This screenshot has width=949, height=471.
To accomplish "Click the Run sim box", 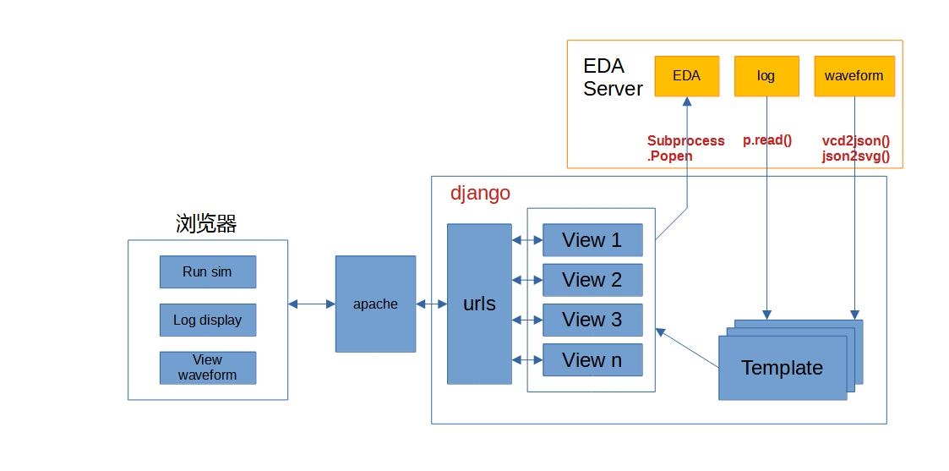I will [x=207, y=272].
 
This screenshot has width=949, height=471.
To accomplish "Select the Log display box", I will [x=207, y=320].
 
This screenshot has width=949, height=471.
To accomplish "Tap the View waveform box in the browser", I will [x=207, y=368].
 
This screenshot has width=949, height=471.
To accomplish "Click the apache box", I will [x=375, y=304].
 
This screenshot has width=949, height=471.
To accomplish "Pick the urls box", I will [x=479, y=304].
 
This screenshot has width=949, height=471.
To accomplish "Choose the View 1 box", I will [x=592, y=240].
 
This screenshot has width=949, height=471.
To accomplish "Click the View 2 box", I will [x=592, y=280].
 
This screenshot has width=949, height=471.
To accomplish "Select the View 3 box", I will [x=592, y=320].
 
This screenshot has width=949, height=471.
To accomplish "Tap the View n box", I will [x=592, y=360].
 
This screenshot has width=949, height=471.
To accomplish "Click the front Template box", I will [x=782, y=368].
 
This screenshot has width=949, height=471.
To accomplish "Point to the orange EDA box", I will [x=686, y=76].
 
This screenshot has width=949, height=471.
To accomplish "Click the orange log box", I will [x=766, y=76].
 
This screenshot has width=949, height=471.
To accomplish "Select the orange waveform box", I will [x=854, y=76].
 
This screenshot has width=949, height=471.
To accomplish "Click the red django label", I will [x=480, y=193].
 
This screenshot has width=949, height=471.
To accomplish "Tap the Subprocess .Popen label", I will [x=685, y=148].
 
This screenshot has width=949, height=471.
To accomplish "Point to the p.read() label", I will [x=767, y=140].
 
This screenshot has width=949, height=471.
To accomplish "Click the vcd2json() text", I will [x=856, y=141].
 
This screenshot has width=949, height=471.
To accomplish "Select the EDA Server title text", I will [x=613, y=77].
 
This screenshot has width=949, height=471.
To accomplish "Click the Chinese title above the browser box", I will [x=206, y=224].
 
